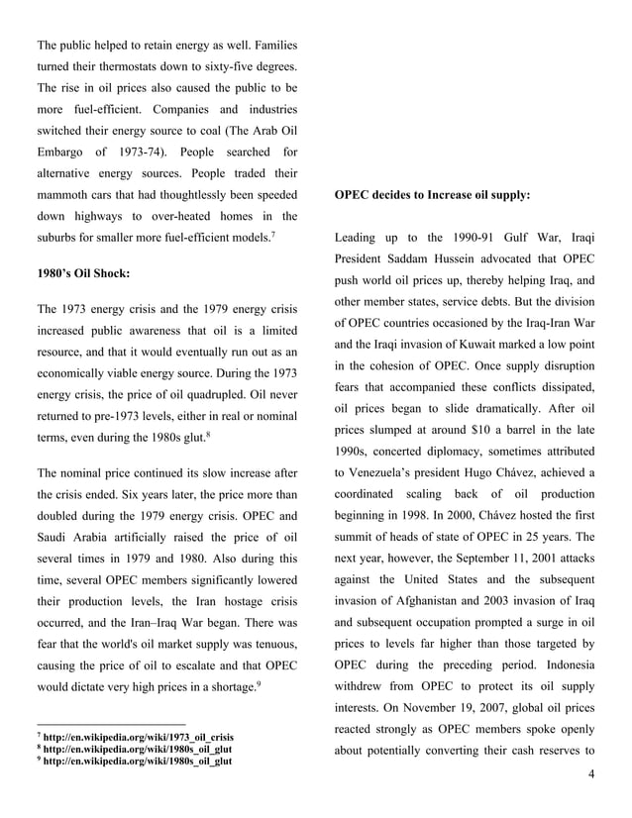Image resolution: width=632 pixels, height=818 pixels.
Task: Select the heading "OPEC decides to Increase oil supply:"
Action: (432, 195)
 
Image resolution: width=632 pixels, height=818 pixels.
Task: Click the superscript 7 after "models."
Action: (272, 235)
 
